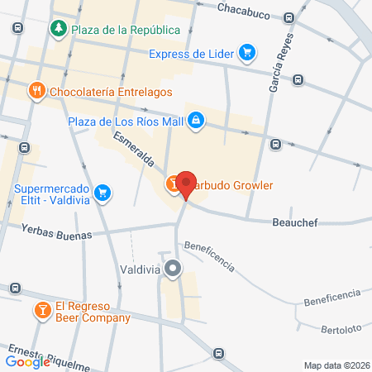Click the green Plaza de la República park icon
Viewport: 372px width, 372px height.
[x=59, y=31]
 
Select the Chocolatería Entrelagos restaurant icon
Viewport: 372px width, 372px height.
[x=36, y=91]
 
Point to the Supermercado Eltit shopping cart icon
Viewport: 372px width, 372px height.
[x=103, y=193]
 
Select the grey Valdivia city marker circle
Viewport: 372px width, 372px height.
[x=173, y=269]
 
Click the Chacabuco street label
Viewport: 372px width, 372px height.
[x=245, y=7]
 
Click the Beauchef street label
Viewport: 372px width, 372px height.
[x=295, y=222]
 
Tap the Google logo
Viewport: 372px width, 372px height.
[x=27, y=361]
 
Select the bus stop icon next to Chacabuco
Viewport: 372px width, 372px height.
[x=289, y=17]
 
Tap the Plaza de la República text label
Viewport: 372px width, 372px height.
[x=126, y=31]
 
